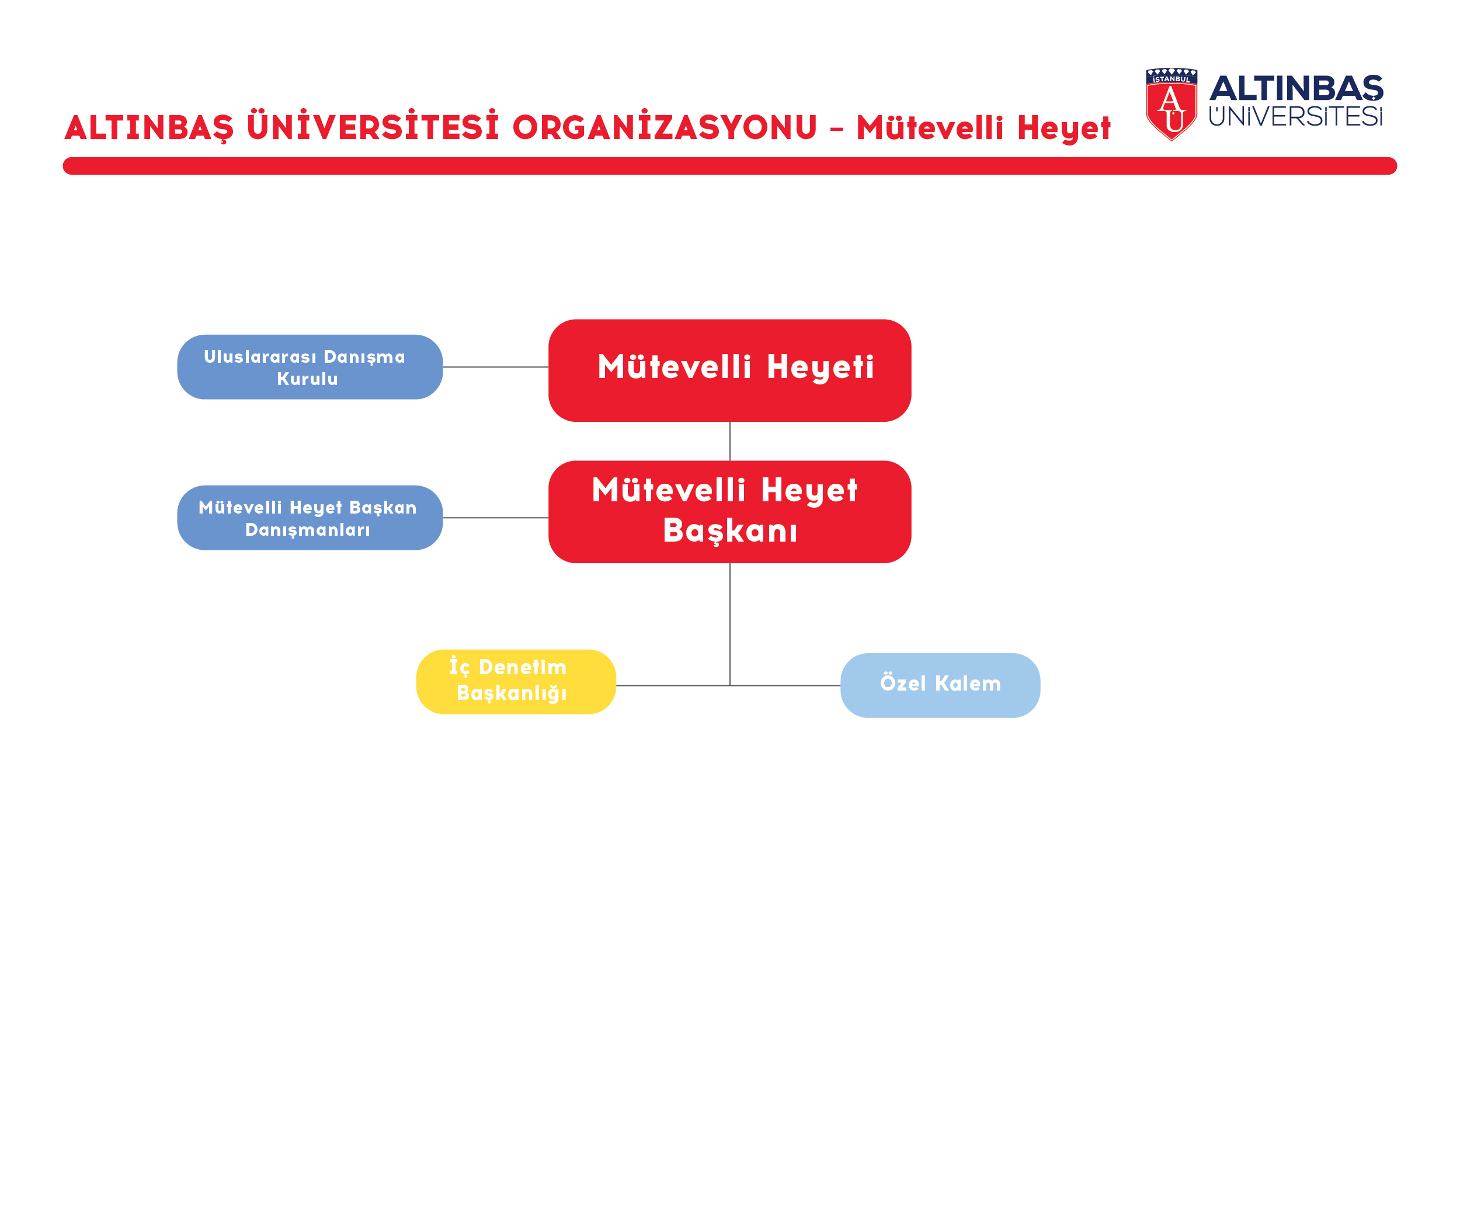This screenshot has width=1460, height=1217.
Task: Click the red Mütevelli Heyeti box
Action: [729, 370]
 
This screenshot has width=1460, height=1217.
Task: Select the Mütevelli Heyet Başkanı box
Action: [729, 512]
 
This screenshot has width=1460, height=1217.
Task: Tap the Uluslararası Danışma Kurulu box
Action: [310, 367]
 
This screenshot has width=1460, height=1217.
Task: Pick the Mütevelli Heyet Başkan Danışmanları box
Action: [310, 518]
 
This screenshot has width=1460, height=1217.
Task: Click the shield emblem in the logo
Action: [1172, 105]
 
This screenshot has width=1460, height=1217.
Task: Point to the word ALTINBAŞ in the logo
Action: [1296, 88]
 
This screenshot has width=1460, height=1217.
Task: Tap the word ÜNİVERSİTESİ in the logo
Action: [1296, 116]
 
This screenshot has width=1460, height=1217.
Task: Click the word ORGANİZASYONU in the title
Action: [665, 127]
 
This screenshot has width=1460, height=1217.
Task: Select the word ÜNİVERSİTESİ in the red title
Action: [373, 126]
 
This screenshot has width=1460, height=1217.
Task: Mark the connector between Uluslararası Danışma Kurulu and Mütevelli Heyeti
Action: [496, 367]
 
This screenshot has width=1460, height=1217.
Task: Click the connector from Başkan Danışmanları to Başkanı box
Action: [496, 518]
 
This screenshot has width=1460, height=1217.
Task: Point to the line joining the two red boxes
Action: [730, 442]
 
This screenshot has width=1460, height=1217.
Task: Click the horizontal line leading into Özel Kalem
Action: [785, 686]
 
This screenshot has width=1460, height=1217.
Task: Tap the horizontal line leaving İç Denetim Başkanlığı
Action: [673, 686]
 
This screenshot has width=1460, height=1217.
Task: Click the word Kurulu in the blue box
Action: [307, 379]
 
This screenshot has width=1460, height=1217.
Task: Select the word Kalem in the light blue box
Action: [968, 684]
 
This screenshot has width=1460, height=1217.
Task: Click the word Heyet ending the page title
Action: [1065, 129]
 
